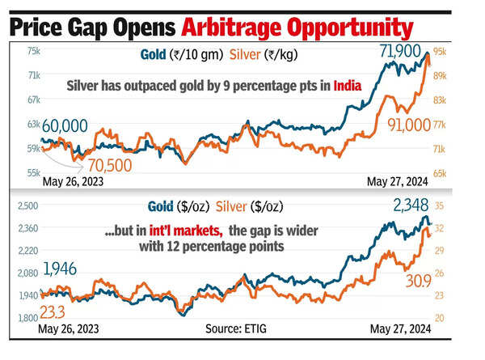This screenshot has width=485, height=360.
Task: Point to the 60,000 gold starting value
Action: coord(67,125)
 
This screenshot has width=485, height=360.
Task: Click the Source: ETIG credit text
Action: coord(235,331)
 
